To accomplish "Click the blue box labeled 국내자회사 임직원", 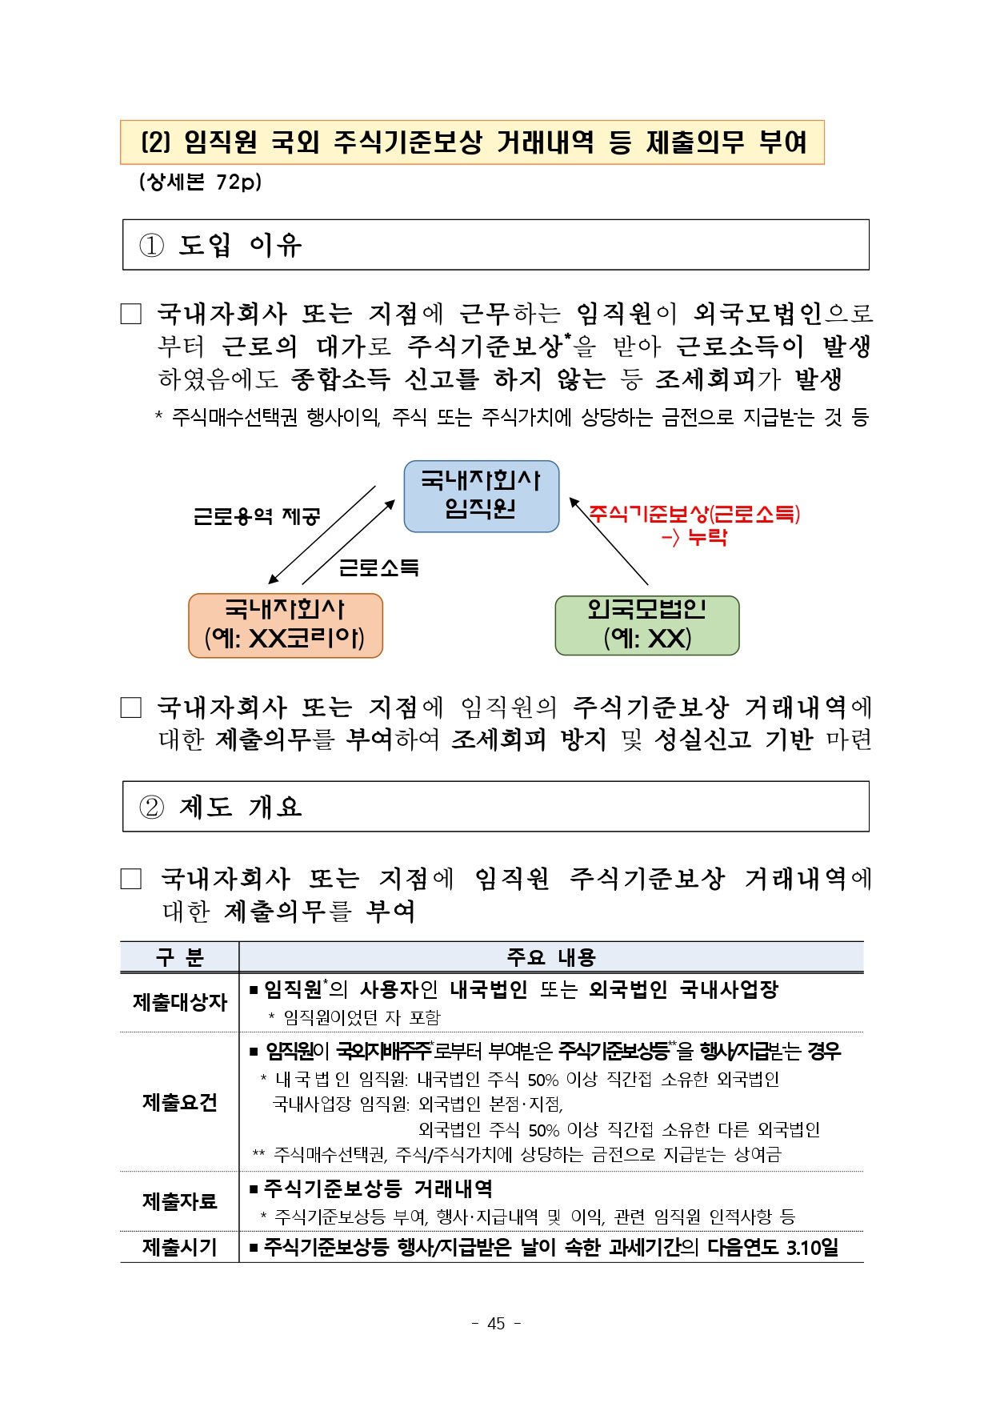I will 481,496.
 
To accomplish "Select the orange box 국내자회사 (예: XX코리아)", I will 285,625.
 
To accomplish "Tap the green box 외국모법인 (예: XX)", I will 646,625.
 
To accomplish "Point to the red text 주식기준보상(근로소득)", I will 694,514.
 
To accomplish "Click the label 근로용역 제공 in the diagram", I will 257,516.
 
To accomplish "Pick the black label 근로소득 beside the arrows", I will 379,567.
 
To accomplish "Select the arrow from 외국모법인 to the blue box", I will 608,541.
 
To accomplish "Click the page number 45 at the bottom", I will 496,1323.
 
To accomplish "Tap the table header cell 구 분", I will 180,957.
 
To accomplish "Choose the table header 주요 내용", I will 551,957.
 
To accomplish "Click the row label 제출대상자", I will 180,1002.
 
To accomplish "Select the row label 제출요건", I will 180,1102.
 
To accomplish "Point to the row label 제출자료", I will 180,1201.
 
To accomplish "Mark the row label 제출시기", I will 180,1247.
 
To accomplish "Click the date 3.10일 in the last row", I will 812,1247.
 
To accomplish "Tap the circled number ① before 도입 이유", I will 151,245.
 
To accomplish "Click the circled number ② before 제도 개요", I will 151,807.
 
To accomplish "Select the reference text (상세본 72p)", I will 200,182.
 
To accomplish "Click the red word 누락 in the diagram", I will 707,537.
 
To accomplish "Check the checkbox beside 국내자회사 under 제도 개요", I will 131,879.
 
